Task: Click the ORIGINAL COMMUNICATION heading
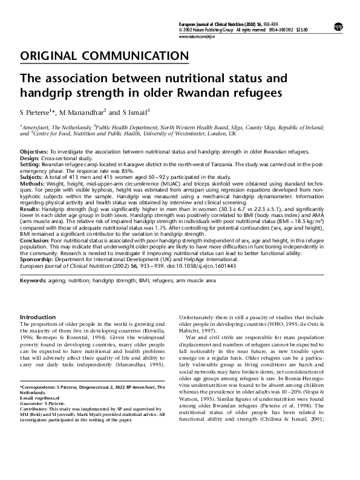point(104,56)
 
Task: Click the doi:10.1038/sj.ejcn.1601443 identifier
point(218,265)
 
